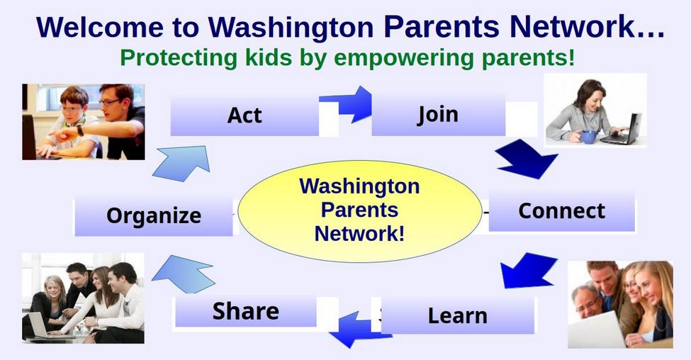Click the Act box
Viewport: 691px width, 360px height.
(245, 116)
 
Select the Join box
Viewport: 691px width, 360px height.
(439, 115)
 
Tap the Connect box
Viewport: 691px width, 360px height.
(562, 210)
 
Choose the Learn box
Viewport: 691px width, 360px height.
(458, 315)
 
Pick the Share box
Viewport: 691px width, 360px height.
(246, 310)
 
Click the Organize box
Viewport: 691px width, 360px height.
(154, 216)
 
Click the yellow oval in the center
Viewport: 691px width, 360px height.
(359, 211)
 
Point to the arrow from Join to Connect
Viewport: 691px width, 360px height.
(527, 159)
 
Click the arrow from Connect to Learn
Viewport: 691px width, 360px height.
(528, 270)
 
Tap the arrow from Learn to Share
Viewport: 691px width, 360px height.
(359, 330)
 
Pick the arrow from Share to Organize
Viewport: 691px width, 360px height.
(184, 274)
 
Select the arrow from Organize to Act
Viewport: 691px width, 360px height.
(181, 163)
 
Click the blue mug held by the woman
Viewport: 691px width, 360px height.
(588, 137)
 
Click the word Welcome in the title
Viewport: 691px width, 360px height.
(100, 27)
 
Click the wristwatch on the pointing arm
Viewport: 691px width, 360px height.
(80, 130)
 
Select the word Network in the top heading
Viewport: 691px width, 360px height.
(586, 27)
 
